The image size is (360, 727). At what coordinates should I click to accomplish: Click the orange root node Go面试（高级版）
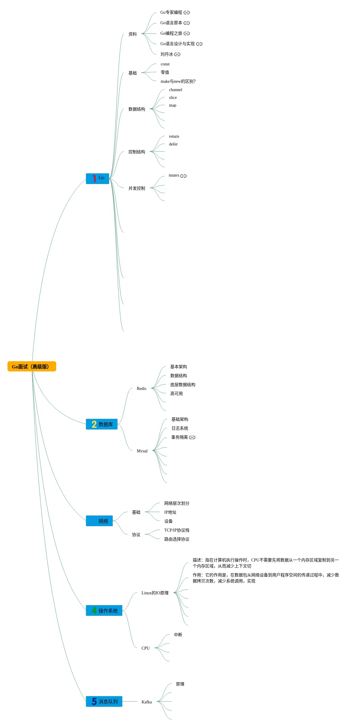[x=32, y=366]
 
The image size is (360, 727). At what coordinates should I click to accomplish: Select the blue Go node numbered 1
[x=97, y=178]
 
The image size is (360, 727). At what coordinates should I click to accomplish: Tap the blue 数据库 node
[x=102, y=424]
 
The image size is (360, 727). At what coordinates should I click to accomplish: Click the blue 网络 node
[x=99, y=521]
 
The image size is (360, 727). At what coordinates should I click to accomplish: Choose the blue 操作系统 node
[x=104, y=610]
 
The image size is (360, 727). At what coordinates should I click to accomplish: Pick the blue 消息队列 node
[x=104, y=701]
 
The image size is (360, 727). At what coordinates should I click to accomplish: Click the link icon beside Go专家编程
[x=187, y=13]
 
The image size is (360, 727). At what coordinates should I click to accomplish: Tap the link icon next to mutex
[x=183, y=176]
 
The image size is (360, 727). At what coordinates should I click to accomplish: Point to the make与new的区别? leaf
[x=178, y=81]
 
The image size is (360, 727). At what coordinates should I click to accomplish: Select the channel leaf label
[x=175, y=90]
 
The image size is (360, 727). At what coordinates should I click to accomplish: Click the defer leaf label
[x=173, y=144]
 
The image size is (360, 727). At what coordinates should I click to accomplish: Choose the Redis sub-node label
[x=142, y=388]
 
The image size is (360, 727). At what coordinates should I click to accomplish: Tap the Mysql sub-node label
[x=142, y=451]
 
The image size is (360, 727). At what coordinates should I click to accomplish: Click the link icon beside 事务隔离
[x=192, y=437]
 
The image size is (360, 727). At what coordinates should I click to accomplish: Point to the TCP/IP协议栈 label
[x=177, y=530]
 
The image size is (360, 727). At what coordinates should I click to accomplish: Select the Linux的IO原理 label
[x=155, y=593]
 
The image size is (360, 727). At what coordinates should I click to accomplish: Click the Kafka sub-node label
[x=147, y=702]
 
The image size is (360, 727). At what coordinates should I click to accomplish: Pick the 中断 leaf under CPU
[x=178, y=635]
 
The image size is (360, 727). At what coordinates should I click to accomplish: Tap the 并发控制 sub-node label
[x=137, y=188]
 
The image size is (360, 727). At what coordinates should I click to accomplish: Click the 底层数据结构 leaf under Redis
[x=183, y=385]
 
